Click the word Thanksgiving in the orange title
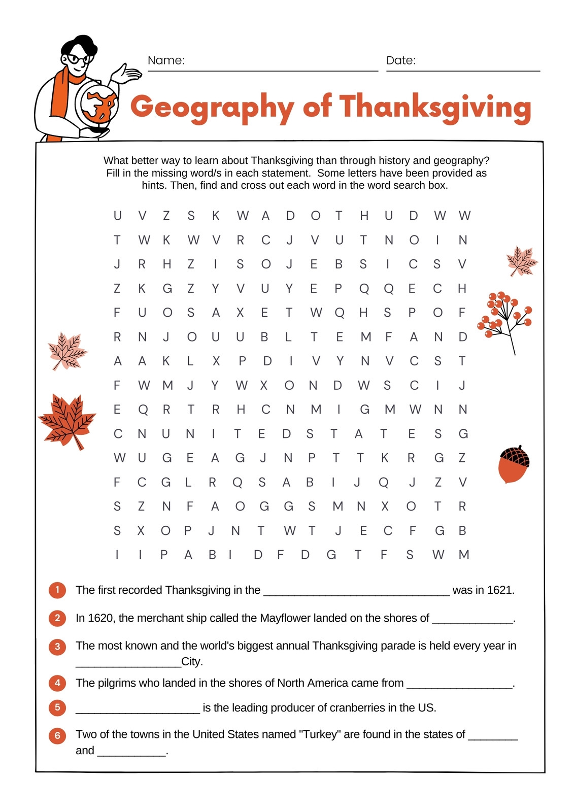tap(435, 108)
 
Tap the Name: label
tap(166, 60)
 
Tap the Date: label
tap(400, 60)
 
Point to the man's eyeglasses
tap(78, 59)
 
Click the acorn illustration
tap(514, 464)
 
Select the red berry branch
tap(504, 320)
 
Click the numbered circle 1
tap(57, 590)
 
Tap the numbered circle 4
tap(57, 683)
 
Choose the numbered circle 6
tap(57, 735)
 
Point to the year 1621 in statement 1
tap(499, 590)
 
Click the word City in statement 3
tap(191, 662)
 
